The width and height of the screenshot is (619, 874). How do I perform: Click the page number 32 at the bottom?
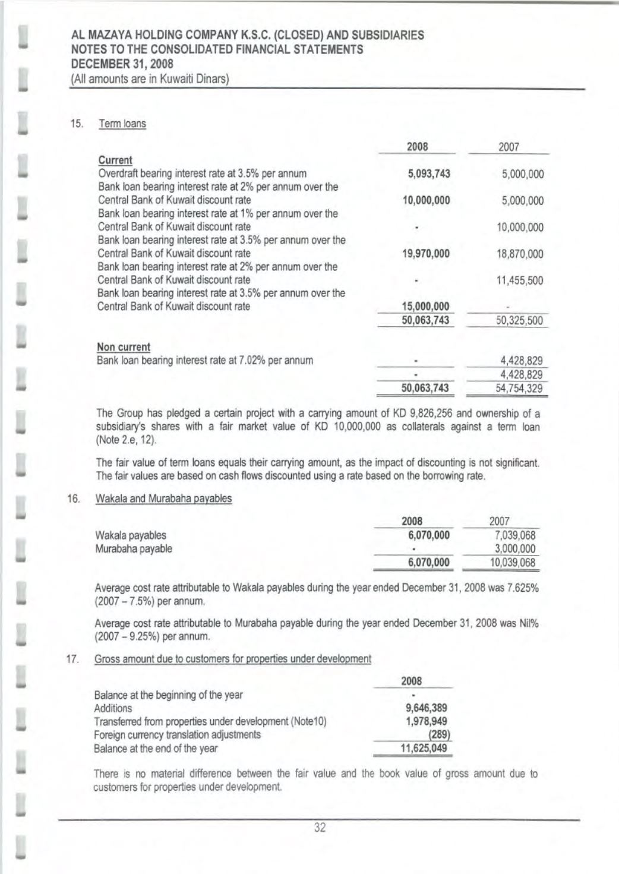point(320,829)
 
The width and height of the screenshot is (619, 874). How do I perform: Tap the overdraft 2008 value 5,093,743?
point(426,174)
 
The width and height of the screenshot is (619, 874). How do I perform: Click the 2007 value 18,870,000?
point(519,254)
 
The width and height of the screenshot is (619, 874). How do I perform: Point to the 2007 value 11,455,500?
point(519,280)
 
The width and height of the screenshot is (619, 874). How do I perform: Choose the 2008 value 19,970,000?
point(426,254)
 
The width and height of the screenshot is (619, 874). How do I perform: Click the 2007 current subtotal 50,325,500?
point(519,321)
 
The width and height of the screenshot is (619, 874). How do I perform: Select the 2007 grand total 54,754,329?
point(519,389)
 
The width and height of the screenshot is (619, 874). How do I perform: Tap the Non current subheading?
point(123,347)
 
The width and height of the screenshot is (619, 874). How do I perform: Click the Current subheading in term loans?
point(115,160)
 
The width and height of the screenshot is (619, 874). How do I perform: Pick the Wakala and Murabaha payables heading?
point(163,498)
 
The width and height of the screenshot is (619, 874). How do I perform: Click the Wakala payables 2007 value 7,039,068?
point(515,536)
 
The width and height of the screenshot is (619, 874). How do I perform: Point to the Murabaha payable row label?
point(134,548)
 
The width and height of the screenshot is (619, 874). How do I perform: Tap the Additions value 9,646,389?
point(425,708)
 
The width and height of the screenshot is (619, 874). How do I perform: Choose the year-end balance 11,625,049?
point(424,748)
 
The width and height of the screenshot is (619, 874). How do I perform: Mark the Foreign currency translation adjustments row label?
point(177,735)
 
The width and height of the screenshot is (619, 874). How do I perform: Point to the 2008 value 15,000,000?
point(426,307)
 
